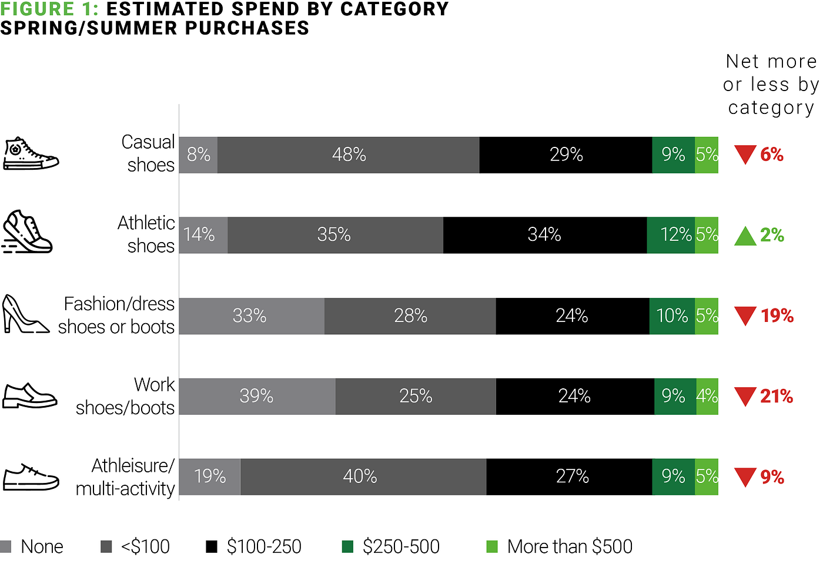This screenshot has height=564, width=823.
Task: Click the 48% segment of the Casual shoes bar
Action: tap(348, 155)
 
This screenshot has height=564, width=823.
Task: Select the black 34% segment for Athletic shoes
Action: tap(545, 235)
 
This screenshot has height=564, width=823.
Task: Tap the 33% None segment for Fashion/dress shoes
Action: tap(252, 316)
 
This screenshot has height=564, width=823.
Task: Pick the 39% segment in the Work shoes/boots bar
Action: tap(257, 396)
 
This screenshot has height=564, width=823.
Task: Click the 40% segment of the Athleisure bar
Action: tap(363, 476)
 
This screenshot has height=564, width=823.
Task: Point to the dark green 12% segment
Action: tap(671, 235)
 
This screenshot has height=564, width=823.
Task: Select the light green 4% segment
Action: tap(707, 396)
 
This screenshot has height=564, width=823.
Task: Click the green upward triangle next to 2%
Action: tap(745, 236)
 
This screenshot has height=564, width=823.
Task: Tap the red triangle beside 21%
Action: tap(745, 397)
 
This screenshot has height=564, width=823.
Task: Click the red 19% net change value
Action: tap(777, 316)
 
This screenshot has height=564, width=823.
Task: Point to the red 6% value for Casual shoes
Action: tap(772, 155)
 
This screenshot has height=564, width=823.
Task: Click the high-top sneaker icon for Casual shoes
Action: tap(31, 153)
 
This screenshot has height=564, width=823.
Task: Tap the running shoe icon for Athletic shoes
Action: tap(28, 231)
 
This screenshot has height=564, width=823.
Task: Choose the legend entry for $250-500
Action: tap(390, 546)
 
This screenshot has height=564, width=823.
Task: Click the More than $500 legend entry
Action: tap(559, 546)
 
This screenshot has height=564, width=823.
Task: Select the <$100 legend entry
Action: tap(135, 546)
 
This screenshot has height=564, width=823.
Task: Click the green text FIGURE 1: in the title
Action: tap(49, 9)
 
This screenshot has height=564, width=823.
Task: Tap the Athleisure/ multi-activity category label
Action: tap(125, 477)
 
